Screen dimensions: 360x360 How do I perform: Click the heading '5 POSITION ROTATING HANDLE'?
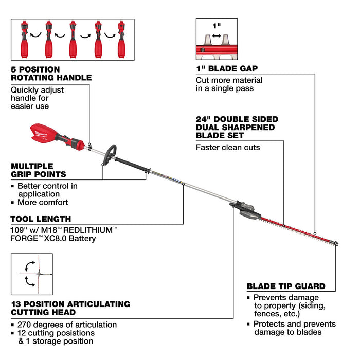point(51,73)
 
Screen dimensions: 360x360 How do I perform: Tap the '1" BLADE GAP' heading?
point(227,68)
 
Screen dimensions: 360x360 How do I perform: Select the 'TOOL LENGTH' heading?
point(41,219)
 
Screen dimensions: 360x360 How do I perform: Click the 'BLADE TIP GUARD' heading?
point(285,286)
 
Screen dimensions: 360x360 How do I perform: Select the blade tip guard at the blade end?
point(335,244)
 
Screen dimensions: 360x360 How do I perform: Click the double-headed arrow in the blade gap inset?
point(216,36)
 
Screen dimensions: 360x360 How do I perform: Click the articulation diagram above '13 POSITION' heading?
point(31,274)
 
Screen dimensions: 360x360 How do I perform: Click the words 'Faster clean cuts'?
point(228,147)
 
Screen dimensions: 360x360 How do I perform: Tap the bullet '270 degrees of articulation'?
point(67,325)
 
